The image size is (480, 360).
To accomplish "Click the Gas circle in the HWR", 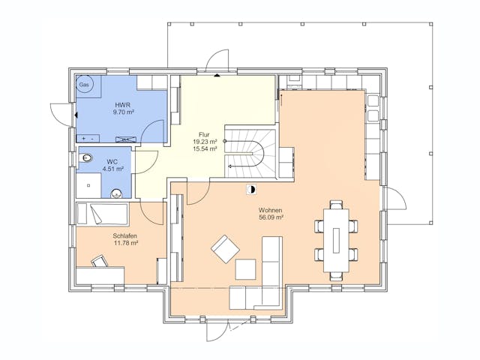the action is coord(83,84).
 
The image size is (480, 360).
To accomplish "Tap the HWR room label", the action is coord(123,105).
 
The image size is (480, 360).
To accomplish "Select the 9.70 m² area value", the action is coord(124,112).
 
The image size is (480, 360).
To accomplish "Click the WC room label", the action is coord(112,162).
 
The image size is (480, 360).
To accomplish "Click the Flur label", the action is coord(204,135).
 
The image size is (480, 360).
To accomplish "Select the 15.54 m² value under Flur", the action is coord(205,148).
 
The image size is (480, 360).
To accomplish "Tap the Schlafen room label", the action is coord(125,236).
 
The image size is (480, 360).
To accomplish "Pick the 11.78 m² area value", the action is coord(126,243).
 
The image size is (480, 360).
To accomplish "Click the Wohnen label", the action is coord(270,210).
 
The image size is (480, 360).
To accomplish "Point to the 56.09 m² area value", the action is coord(271,217).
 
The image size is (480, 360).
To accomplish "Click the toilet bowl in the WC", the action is coord(85,158).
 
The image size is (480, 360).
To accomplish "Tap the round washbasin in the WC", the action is coord(116,193).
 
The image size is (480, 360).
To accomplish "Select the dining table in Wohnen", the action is coord(336,240).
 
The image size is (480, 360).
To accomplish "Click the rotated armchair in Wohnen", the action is coord(225,249).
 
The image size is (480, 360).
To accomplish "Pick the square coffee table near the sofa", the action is coord(245,269).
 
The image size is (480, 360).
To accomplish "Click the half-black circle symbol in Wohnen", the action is coord(252,190).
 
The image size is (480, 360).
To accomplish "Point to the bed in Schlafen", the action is coord(102,214).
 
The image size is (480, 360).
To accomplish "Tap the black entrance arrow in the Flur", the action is coord(217,75).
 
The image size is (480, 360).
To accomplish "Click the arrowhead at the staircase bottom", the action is coord(229,166).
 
